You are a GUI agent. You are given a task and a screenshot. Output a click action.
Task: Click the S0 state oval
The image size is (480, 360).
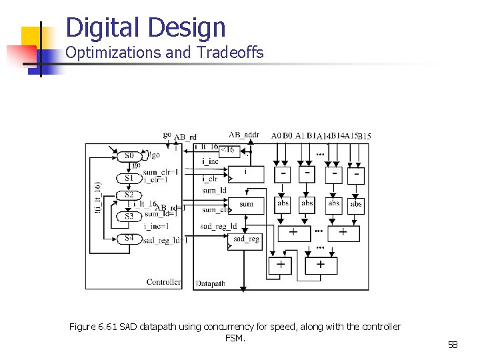click(x=129, y=156)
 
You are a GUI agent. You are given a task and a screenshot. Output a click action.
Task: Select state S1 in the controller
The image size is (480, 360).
click(x=129, y=178)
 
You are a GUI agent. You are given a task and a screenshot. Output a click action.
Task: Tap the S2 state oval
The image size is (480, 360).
click(x=129, y=195)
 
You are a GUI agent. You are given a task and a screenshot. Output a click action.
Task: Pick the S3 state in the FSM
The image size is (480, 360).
click(x=129, y=216)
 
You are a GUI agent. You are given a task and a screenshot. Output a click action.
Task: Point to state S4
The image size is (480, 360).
click(x=129, y=238)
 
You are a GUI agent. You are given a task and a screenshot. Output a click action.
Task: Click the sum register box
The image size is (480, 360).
click(x=246, y=204)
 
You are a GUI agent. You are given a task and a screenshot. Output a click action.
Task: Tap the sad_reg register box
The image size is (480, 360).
click(x=246, y=239)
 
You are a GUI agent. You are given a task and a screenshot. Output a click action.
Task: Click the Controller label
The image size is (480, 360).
click(x=163, y=282)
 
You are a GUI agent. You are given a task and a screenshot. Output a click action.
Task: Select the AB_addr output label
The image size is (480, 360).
click(x=244, y=135)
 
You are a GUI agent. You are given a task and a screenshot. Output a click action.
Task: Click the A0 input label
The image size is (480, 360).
click(x=277, y=136)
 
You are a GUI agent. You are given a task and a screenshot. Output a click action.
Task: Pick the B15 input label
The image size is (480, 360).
click(x=365, y=137)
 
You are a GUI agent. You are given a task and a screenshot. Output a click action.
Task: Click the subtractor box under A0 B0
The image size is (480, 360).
click(x=284, y=173)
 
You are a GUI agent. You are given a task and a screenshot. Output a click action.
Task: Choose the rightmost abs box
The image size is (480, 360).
click(x=357, y=204)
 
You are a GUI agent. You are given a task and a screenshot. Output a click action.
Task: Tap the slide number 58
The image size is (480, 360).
click(x=453, y=345)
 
